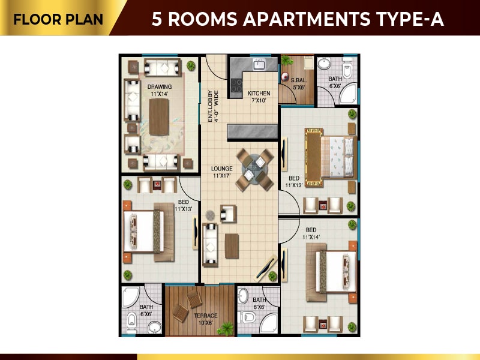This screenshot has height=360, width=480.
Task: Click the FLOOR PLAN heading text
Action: pyautogui.click(x=58, y=19)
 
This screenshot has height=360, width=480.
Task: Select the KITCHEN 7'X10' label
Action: pyautogui.click(x=259, y=97)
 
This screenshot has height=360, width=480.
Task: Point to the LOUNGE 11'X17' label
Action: pyautogui.click(x=221, y=172)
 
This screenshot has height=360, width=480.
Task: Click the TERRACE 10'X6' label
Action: pyautogui.click(x=206, y=319)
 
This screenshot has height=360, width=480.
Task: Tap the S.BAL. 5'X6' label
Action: pyautogui.click(x=299, y=84)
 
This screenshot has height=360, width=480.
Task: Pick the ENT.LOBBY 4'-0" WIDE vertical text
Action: pyautogui.click(x=213, y=106)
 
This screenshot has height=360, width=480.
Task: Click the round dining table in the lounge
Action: pyautogui.click(x=254, y=169)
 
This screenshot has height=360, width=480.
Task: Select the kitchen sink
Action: pyautogui.click(x=259, y=64)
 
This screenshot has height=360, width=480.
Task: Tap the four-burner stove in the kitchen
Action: pyautogui.click(x=236, y=85)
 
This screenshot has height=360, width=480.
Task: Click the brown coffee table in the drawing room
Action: pyautogui.click(x=159, y=117)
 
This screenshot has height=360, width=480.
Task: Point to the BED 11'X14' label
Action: pyautogui.click(x=311, y=233)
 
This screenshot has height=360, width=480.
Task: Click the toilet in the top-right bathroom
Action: pyautogui.click(x=347, y=70)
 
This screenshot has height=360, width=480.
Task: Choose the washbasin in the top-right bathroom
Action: pyautogui.click(x=324, y=64)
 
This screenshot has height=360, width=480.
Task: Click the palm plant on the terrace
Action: pyautogui.click(x=226, y=328)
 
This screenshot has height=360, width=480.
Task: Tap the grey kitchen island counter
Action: pyautogui.click(x=253, y=131)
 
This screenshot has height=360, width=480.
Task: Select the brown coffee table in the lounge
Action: pyautogui.click(x=232, y=246)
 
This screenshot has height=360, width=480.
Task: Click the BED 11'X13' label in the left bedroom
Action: pyautogui.click(x=184, y=205)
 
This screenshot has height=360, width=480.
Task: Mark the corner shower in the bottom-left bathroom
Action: pyautogui.click(x=130, y=296)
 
